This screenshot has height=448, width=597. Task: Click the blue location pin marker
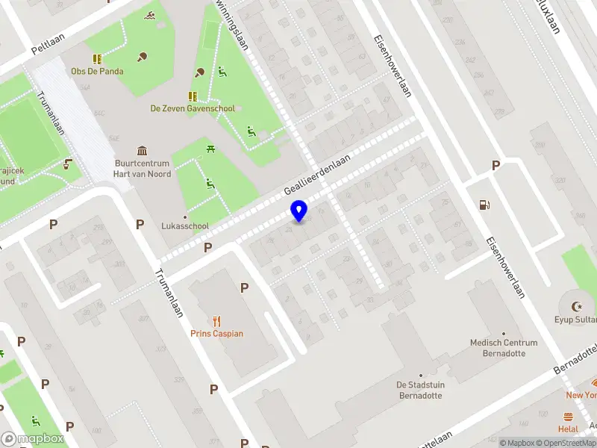299,211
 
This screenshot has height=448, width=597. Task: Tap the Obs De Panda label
97,72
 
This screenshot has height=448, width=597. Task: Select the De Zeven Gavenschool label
193,108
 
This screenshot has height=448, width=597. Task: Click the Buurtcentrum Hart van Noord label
142,169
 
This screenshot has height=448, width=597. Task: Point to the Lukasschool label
185,225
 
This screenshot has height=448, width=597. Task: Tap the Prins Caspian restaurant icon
217,321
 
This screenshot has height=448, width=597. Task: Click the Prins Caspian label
217,334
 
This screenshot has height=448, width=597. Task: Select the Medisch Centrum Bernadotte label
504,348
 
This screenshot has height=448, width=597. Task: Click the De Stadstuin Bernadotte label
421,390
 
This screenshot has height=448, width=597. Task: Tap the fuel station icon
484,205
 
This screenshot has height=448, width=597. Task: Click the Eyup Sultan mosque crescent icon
576,306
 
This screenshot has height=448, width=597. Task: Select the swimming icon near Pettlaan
150,16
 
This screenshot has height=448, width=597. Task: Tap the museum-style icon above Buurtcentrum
142,151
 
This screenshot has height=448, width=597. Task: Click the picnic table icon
211,149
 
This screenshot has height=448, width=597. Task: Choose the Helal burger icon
569,417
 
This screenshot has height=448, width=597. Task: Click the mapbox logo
33,438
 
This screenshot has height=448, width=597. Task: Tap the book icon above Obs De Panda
97,59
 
